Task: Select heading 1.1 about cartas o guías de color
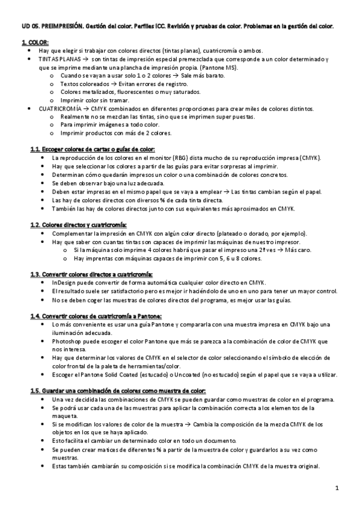click(x=93, y=149)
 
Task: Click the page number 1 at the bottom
click(x=338, y=487)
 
